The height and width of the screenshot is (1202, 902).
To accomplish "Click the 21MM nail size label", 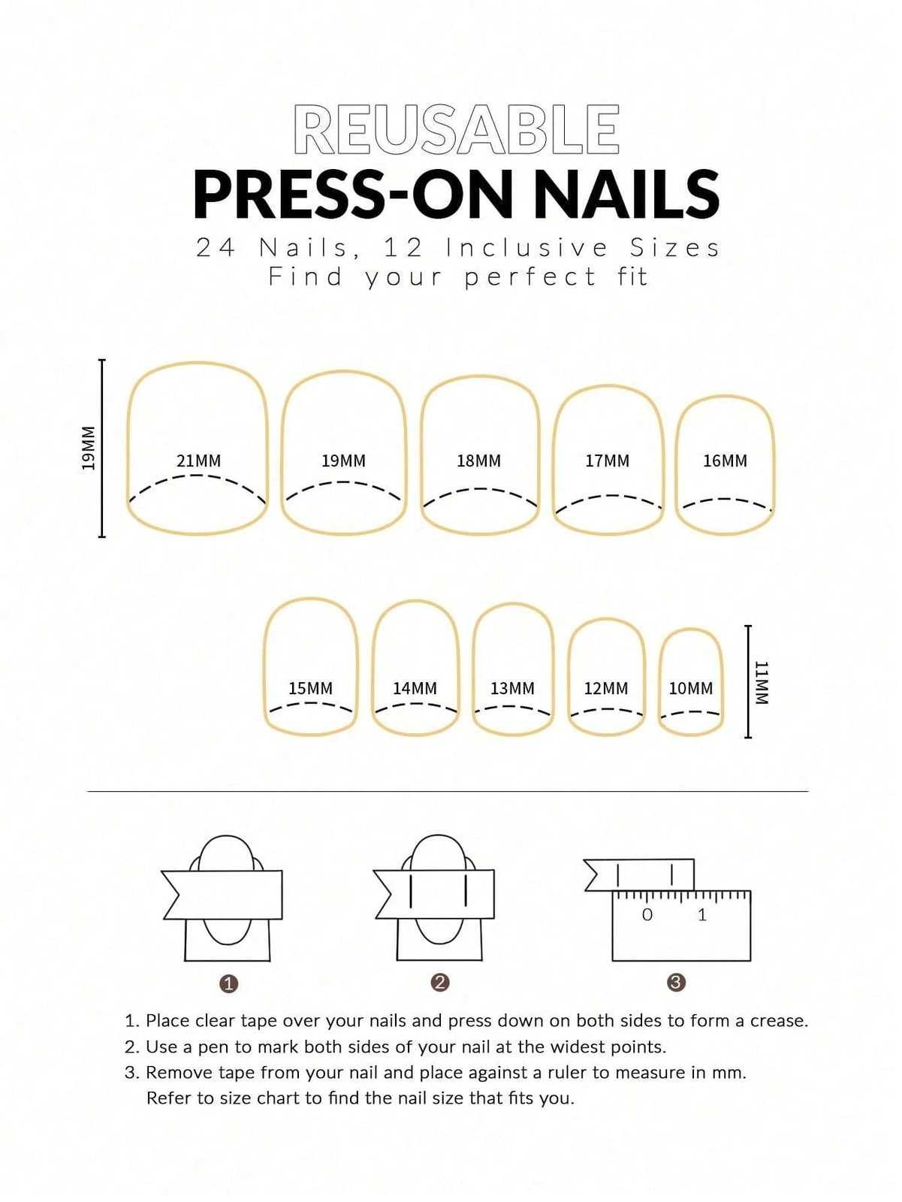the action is coord(199,461).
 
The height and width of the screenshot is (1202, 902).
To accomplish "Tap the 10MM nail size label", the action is coord(691,688).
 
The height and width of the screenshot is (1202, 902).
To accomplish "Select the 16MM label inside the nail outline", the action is coord(725,461).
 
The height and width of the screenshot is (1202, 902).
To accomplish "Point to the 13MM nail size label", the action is coord(512,688).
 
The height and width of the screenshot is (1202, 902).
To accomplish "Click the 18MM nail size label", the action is coord(479,461).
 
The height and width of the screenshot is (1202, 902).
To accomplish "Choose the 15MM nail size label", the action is coord(310,688).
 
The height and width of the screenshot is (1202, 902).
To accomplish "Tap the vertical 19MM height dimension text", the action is coord(88,448).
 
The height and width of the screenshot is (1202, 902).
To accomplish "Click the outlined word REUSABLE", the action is coord(457,130).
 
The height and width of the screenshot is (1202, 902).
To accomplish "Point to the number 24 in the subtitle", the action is coord(216,248).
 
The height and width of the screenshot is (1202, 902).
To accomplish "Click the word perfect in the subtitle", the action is coord(529,278).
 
